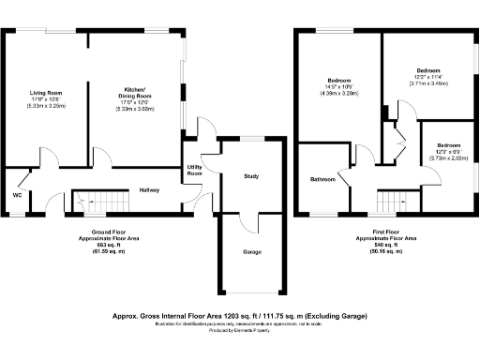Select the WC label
coord(17,195)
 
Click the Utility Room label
coord(195,170)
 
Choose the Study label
coord(250,176)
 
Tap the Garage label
coord(252,252)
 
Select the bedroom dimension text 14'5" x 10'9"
coord(338,87)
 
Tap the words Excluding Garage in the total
coord(338,315)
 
